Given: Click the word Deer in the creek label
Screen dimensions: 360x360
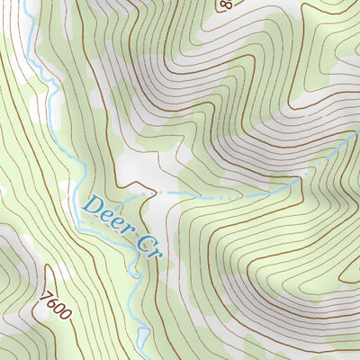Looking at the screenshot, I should tap(104, 213).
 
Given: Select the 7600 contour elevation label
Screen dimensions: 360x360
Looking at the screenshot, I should tap(52, 303).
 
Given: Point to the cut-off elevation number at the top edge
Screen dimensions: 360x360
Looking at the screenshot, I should tap(224, 4).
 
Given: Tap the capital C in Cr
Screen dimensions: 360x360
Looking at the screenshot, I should tap(141, 241).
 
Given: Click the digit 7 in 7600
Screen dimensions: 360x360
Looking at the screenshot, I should tap(44, 292).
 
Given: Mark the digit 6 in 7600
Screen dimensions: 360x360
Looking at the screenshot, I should tap(49, 300).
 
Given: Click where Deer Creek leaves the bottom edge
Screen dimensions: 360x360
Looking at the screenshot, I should tap(144, 357).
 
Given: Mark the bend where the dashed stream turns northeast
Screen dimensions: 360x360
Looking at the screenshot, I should tap(297, 182).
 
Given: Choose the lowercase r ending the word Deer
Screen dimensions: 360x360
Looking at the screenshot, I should tap(123, 225).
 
